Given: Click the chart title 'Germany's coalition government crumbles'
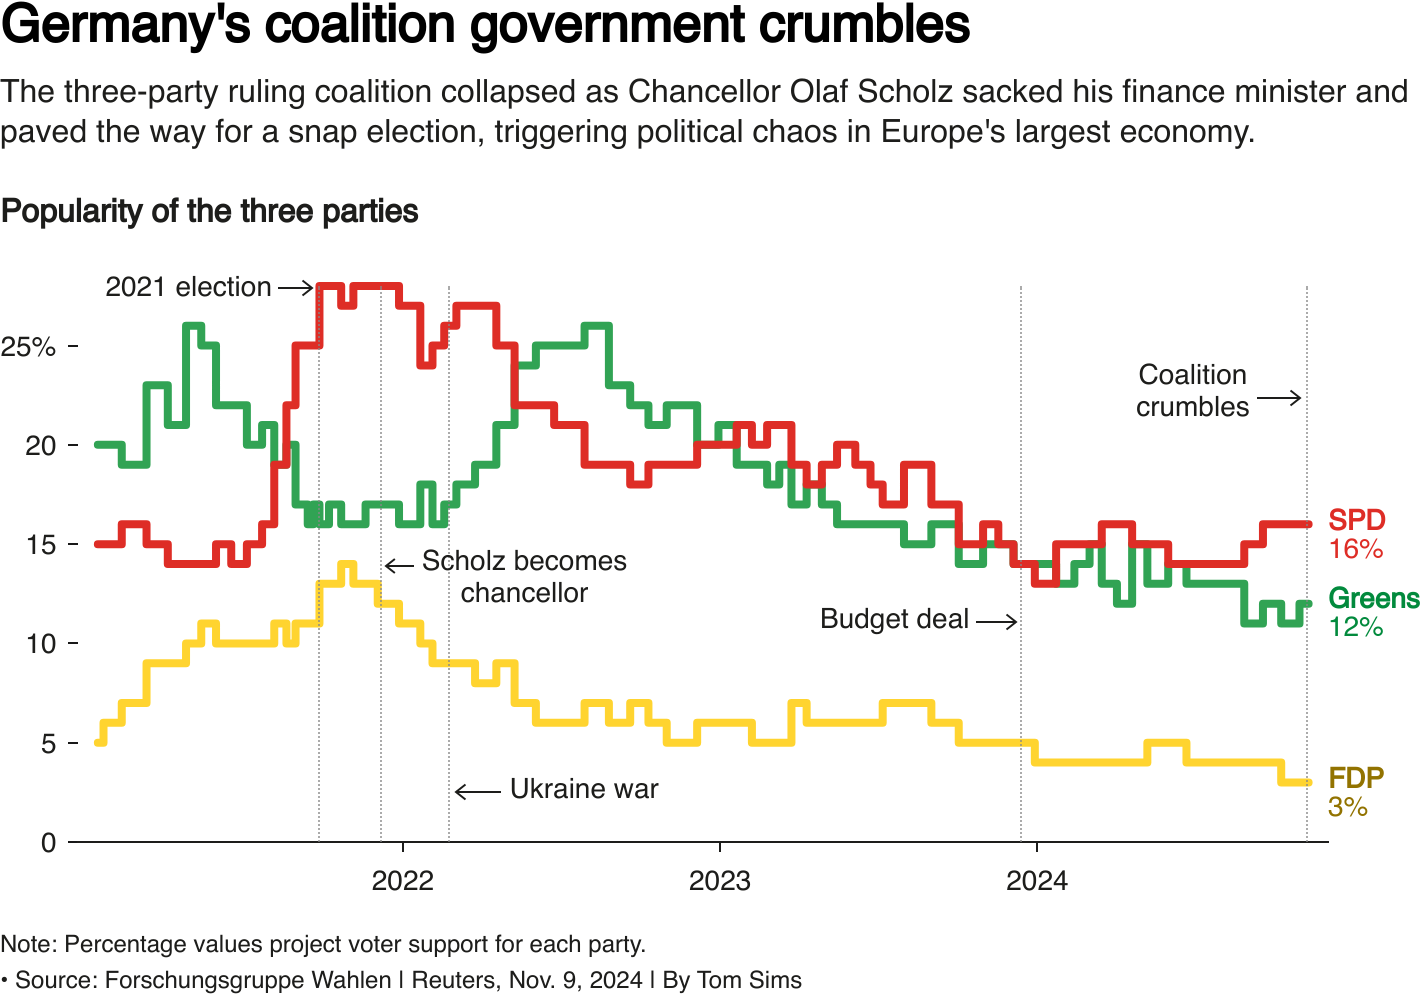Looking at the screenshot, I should click(x=486, y=25).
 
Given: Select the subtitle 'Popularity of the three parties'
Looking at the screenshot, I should click(x=210, y=212).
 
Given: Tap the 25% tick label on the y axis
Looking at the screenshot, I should click(x=29, y=347).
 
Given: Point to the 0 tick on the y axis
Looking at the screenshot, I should click(x=48, y=843).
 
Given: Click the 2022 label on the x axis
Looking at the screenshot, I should click(x=402, y=881).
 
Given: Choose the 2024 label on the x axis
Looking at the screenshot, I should click(x=1037, y=881).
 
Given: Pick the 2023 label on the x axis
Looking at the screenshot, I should click(x=720, y=881).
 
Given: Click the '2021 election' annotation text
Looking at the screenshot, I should click(x=188, y=288).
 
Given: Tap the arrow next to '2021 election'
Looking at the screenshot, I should click(x=296, y=288).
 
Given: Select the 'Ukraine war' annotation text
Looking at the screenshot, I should click(x=584, y=790).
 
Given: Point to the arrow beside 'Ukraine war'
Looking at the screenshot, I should click(x=478, y=792).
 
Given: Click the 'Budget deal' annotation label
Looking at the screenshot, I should click(x=894, y=620).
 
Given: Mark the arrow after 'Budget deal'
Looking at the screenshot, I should click(x=997, y=622).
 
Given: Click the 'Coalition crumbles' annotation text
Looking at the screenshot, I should click(x=1192, y=391).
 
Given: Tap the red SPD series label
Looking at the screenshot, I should click(x=1356, y=521).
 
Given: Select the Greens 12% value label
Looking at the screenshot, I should click(x=1356, y=628).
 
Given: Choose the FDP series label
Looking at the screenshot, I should click(x=1356, y=778).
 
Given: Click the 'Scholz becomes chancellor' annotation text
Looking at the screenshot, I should click(x=524, y=577).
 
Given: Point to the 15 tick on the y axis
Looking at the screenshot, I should click(x=40, y=545).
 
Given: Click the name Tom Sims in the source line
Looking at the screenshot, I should click(x=749, y=980).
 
